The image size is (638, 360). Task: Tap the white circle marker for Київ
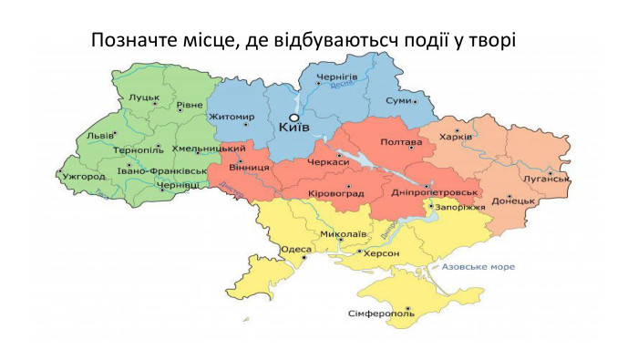point(293,118)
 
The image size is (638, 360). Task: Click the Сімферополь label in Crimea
point(381,314)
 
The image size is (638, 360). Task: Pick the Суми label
point(398,100)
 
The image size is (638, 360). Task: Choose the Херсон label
point(382,253)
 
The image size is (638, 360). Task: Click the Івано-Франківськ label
point(162,170)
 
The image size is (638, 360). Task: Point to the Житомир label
point(232,117)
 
